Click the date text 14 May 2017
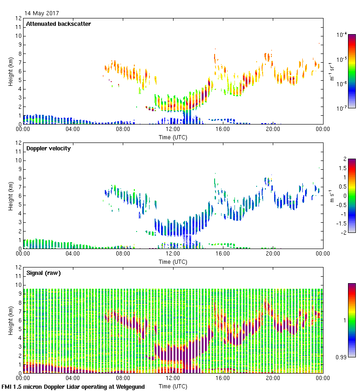coord(42,13)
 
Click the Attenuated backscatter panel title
coord(58,24)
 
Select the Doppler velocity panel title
coord(48,148)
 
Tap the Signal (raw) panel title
coord(43,273)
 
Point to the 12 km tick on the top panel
coord(18,18)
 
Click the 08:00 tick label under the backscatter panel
coord(123,130)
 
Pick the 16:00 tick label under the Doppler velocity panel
coord(222,254)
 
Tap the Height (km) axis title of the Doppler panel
coord(10,196)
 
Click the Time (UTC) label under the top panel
coord(173,137)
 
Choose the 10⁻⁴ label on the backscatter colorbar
coord(342,35)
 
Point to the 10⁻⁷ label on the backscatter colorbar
coord(342,109)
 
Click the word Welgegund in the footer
coord(130,387)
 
